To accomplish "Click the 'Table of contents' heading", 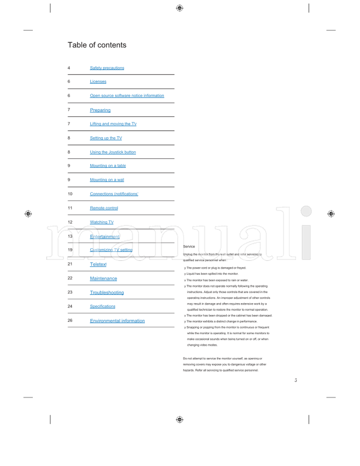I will [x=97, y=45].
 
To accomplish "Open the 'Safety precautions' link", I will [x=107, y=68].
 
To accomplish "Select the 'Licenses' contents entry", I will [x=98, y=81].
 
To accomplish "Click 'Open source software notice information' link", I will [x=127, y=96].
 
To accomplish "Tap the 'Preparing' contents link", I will [x=100, y=110].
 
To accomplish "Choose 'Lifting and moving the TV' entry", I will [x=113, y=124].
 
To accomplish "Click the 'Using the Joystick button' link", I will [x=112, y=152].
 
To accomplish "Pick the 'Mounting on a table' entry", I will [x=108, y=166].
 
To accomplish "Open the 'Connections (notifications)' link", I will [x=114, y=194].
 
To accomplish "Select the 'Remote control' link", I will [x=103, y=208].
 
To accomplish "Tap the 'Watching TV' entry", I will [x=101, y=222].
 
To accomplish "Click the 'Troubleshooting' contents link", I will [x=107, y=293].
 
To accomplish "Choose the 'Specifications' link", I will [x=102, y=306].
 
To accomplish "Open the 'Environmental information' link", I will [x=117, y=321].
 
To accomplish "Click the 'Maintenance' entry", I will [x=103, y=278].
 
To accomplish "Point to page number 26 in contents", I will [x=70, y=321].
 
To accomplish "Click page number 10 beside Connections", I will [x=70, y=194].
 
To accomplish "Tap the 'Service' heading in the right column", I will [x=189, y=246].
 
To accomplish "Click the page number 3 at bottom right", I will [x=296, y=380].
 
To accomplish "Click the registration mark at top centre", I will [x=180, y=8].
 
